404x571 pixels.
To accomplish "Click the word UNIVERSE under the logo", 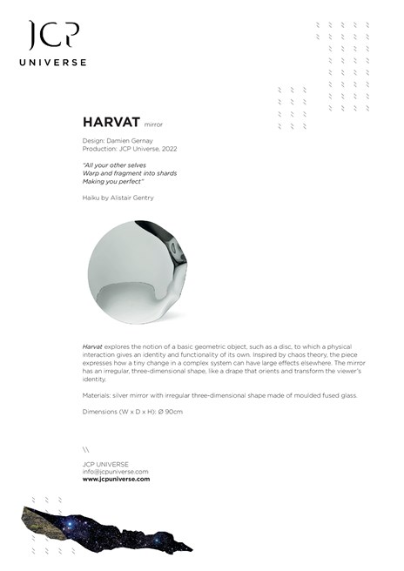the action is coord(54,63).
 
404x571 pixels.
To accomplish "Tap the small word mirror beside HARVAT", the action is coord(153,124).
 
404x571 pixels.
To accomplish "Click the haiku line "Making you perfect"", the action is coord(112,182).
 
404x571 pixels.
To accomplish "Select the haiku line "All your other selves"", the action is coord(114,165).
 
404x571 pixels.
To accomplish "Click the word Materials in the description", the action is coord(98,395).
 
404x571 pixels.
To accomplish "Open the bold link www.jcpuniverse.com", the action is coord(116,480).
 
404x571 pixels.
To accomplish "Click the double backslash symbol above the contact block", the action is coord(85,450).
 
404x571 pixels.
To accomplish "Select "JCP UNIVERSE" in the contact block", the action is coord(104,464).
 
